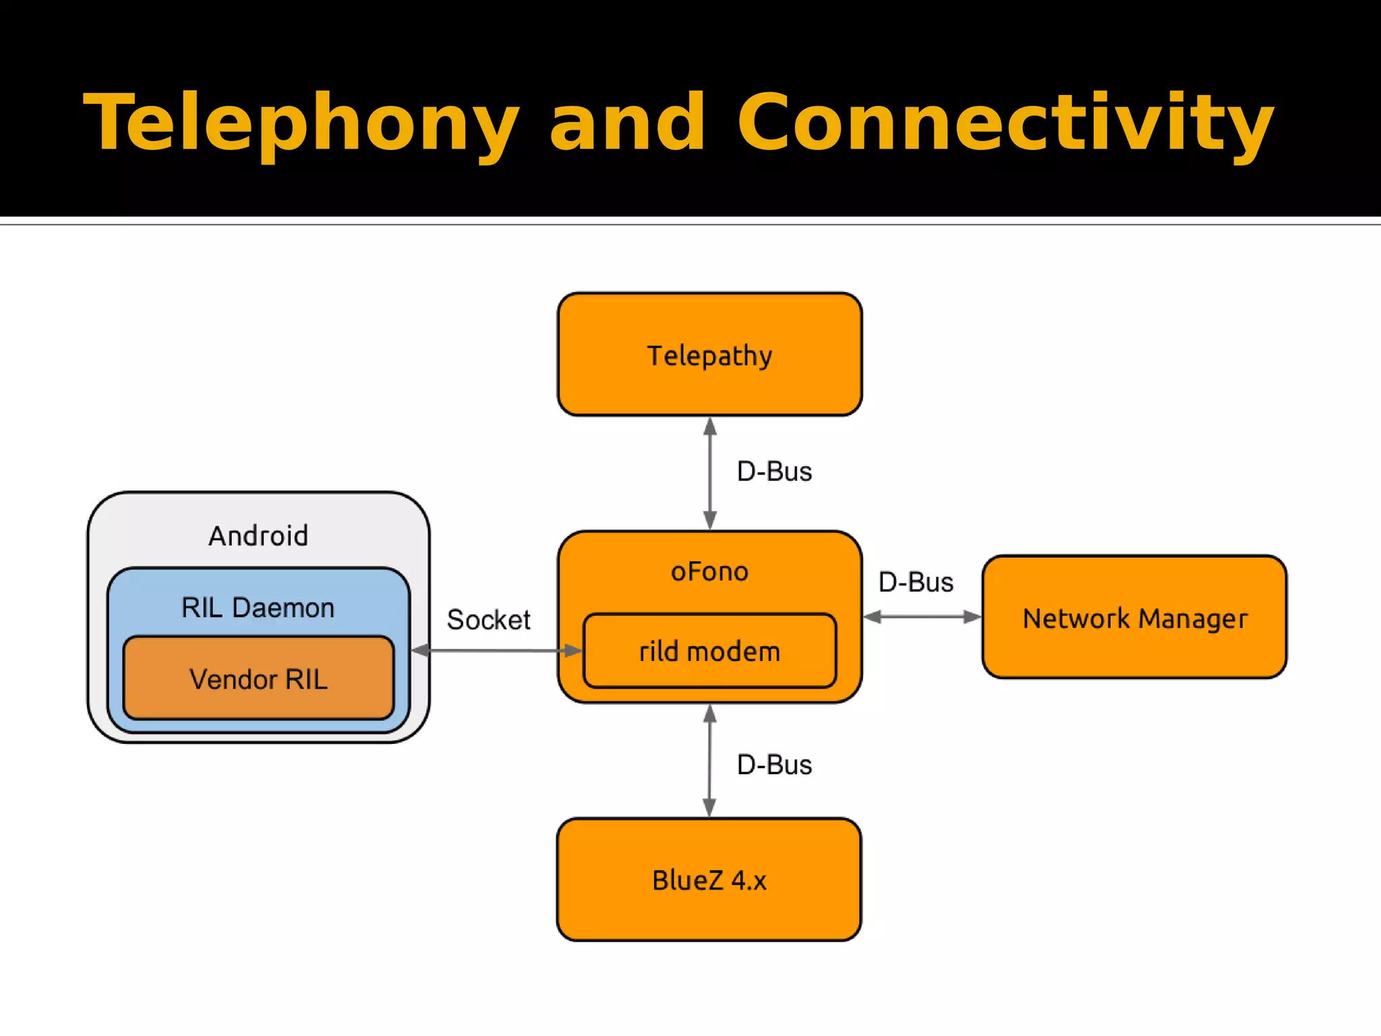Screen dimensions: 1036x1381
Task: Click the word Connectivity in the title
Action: click(x=1005, y=123)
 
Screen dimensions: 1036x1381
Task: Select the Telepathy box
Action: click(x=709, y=355)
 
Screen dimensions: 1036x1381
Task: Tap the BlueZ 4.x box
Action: click(x=709, y=880)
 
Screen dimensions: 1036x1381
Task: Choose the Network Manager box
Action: click(x=1135, y=618)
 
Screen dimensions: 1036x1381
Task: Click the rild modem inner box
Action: click(x=709, y=652)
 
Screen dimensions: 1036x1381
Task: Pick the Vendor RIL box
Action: click(x=258, y=679)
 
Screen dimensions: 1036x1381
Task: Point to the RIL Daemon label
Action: click(x=258, y=608)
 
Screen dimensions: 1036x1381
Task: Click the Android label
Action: click(x=258, y=536)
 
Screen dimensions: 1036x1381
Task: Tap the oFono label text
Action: click(x=709, y=572)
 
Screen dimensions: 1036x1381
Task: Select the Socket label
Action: click(x=488, y=620)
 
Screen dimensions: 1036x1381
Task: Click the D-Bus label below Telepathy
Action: click(x=774, y=471)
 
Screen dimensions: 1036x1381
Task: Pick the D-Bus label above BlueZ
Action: click(x=774, y=765)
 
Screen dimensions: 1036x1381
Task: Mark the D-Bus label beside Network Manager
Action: click(x=916, y=582)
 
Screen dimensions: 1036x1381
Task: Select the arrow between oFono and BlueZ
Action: click(x=710, y=761)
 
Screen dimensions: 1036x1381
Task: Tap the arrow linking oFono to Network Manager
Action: click(x=922, y=616)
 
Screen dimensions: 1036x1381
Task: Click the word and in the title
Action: click(x=627, y=123)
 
